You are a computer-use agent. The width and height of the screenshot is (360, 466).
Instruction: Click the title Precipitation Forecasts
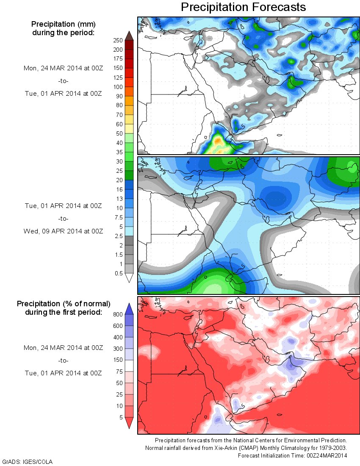243,7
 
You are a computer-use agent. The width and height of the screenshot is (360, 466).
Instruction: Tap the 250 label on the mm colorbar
118,40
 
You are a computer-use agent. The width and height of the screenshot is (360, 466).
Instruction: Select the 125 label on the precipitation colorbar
117,78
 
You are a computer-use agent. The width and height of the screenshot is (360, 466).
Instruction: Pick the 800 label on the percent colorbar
117,315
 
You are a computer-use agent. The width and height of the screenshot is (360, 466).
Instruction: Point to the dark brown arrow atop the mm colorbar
130,35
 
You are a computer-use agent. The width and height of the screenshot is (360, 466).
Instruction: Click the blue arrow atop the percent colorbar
130,308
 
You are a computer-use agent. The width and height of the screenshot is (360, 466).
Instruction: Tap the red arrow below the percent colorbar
130,423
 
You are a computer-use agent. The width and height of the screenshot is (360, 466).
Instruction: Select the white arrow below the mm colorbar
130,278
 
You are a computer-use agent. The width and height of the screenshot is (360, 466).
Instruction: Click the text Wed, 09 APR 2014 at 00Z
64,231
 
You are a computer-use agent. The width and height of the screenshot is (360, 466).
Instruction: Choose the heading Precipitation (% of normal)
64,304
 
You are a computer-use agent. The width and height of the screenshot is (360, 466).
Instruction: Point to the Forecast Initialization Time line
292,455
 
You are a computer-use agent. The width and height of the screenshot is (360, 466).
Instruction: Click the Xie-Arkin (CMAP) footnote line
246,448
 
